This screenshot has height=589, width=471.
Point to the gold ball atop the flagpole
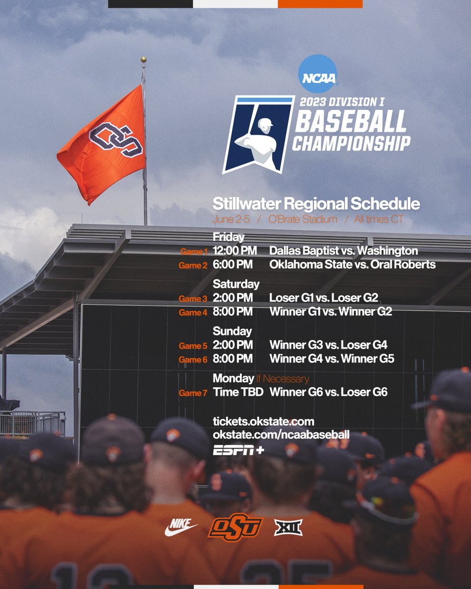(x=143, y=60)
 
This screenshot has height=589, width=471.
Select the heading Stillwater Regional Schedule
(x=316, y=204)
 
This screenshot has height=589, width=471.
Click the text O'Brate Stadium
(x=302, y=219)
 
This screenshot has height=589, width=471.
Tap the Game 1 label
(x=194, y=252)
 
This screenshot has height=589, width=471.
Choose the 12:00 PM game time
(x=235, y=251)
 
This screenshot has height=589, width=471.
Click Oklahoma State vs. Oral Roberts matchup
(x=352, y=265)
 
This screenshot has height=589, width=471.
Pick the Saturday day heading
(x=236, y=284)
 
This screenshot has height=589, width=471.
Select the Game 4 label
(x=193, y=312)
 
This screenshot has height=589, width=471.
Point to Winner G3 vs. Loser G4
(x=328, y=345)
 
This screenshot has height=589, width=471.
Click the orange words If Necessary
(x=282, y=378)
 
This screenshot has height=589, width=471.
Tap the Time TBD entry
(x=238, y=392)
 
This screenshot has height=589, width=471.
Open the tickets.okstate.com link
(x=263, y=422)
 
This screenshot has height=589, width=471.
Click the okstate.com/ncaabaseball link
(x=281, y=435)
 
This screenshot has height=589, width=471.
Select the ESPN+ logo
(x=238, y=450)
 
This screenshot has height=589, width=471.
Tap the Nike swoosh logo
(x=181, y=528)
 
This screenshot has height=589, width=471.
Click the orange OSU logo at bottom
(x=235, y=528)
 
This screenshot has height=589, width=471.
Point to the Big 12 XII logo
(x=288, y=528)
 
